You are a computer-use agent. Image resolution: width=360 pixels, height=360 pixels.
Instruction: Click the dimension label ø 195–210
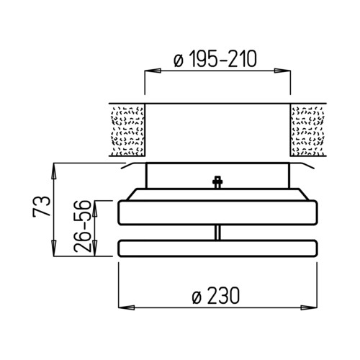(215, 59)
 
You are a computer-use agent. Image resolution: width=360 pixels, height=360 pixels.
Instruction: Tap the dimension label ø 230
(216, 296)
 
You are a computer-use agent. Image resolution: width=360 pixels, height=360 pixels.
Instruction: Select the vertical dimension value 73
(42, 207)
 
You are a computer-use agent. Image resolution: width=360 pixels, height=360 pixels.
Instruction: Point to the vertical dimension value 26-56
(83, 226)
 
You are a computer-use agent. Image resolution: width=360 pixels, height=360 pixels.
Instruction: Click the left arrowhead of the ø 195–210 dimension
(153, 71)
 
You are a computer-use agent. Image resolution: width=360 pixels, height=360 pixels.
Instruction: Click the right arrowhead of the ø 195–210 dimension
(282, 71)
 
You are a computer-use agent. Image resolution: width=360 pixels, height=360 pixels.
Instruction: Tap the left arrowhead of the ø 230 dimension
(127, 307)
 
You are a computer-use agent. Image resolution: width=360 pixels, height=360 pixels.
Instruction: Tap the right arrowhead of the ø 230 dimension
(309, 307)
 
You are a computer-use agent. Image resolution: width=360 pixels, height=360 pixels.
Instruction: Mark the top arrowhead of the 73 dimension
(54, 171)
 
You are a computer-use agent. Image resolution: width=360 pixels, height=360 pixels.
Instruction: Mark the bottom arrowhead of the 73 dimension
(54, 248)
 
